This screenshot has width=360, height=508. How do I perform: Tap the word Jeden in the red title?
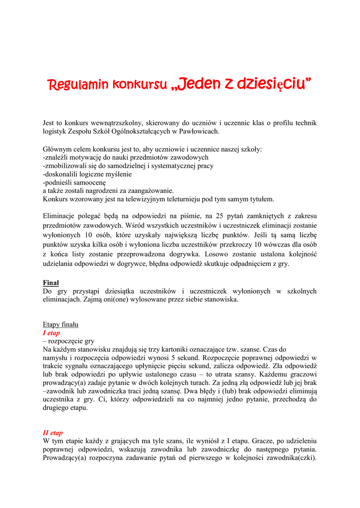(x=198, y=84)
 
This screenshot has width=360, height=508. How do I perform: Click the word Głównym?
(x=57, y=149)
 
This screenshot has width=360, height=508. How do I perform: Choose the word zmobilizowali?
(x=67, y=166)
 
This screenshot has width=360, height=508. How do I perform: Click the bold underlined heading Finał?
(x=51, y=283)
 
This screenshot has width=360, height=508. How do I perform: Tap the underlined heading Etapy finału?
(x=61, y=324)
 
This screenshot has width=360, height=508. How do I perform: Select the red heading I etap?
(x=51, y=333)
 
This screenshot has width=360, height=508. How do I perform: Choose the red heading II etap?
(x=53, y=433)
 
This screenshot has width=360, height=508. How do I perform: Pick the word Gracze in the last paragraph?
(x=265, y=441)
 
